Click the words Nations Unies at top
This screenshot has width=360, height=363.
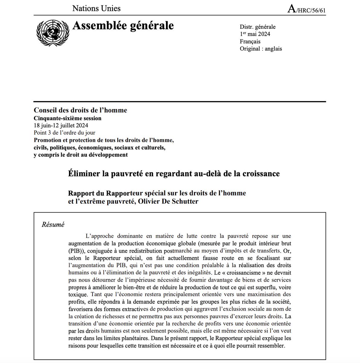(x=96, y=8)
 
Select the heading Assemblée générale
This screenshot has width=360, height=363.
(x=123, y=26)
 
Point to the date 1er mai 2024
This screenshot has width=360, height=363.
(x=255, y=34)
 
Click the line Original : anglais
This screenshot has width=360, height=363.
(x=261, y=48)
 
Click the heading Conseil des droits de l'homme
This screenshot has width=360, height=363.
(x=80, y=110)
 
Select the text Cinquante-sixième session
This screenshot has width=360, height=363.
(x=68, y=118)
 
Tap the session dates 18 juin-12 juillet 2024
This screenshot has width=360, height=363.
(x=61, y=126)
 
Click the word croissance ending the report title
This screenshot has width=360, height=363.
(x=261, y=174)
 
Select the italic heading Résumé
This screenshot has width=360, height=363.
(x=53, y=225)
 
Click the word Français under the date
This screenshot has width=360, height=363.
(x=250, y=41)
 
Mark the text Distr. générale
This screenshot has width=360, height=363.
(x=258, y=27)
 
